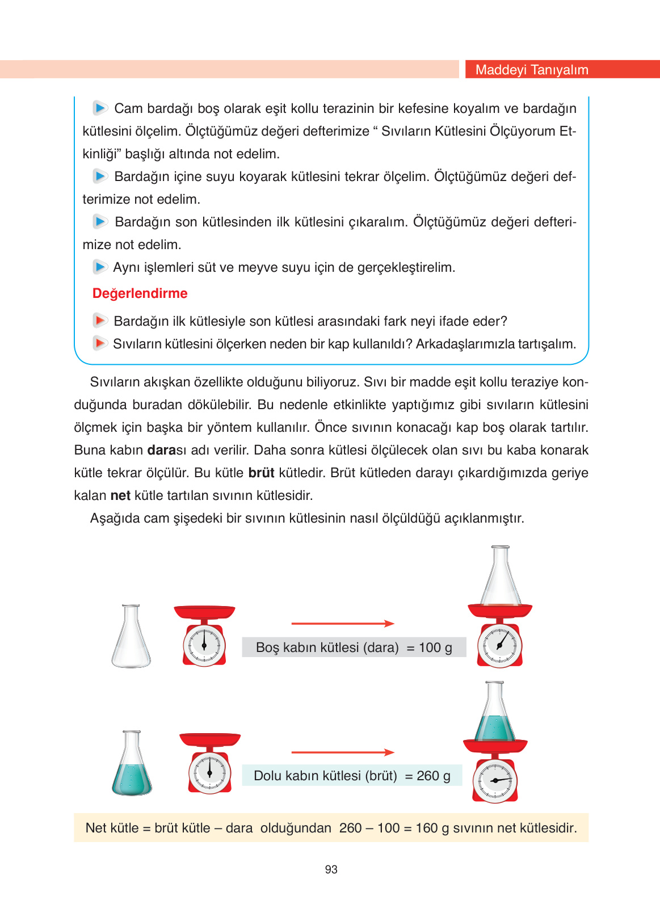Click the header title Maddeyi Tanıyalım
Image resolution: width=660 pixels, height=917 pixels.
[531, 70]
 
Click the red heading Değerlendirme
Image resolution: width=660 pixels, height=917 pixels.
[140, 293]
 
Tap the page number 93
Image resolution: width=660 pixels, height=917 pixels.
[331, 869]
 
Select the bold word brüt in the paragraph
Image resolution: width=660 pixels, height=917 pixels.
[261, 473]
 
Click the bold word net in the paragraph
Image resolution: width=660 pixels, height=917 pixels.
[120, 495]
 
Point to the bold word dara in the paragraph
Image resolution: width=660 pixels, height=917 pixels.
[161, 450]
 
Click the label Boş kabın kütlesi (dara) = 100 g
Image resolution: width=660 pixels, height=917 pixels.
[354, 647]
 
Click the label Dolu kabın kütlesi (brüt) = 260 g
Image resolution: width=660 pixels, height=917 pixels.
[352, 776]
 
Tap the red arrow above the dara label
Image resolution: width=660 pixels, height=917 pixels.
[342, 624]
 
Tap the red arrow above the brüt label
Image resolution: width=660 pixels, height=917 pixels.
[342, 752]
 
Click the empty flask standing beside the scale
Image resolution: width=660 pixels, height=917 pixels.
[131, 637]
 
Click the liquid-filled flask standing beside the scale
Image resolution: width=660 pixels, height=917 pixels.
[132, 764]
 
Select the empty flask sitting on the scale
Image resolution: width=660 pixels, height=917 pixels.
[500, 576]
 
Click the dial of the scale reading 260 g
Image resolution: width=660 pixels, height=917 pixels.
[495, 781]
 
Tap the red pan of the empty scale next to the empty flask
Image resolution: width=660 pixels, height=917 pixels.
[204, 612]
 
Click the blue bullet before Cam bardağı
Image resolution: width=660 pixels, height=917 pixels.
[100, 108]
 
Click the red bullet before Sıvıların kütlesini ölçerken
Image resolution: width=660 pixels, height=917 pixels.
[100, 343]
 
